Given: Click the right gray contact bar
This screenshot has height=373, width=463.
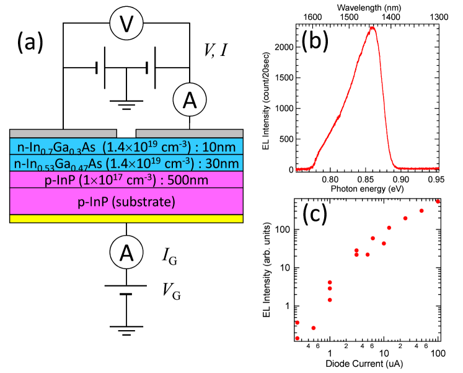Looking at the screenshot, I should (189, 133).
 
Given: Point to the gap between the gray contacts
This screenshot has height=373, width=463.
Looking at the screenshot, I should (126, 133).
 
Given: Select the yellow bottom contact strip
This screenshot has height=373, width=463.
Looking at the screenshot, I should (126, 218).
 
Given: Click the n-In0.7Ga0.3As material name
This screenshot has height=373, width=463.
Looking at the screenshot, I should (56, 147).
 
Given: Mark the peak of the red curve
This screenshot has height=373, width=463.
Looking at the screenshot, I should (372, 27).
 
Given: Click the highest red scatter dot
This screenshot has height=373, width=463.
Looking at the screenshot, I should (438, 201).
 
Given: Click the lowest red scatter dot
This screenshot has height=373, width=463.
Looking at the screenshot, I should (298, 338).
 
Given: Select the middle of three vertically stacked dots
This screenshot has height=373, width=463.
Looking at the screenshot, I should (330, 288).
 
